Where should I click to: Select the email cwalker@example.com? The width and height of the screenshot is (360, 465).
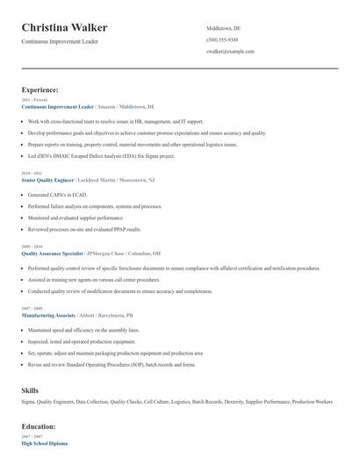230,51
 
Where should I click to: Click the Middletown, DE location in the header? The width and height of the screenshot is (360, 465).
223,28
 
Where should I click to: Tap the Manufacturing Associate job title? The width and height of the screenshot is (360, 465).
48,314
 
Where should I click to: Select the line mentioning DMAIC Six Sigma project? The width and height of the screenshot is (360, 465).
101,155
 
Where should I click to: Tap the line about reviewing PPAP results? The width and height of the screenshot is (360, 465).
84,228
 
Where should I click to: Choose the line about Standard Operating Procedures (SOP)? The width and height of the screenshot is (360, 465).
112,364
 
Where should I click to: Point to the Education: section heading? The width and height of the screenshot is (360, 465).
39,426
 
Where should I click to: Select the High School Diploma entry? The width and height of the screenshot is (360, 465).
44,444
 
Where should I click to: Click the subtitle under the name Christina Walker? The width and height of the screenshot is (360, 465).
61,42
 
